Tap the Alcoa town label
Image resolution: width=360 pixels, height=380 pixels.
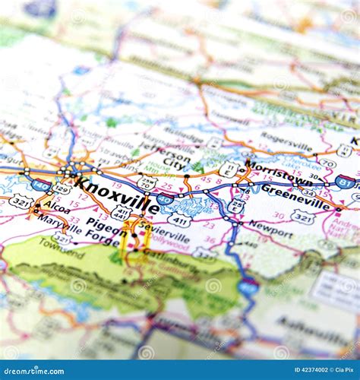(56, 205)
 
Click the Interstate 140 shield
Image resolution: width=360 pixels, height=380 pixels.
(43, 185)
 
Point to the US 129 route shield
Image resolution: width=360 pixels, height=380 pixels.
(62, 188)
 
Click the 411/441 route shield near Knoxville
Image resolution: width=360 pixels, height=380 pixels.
(120, 213)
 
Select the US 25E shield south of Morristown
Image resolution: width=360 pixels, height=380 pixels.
(236, 204)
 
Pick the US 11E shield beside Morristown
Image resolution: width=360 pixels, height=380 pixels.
(228, 169)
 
